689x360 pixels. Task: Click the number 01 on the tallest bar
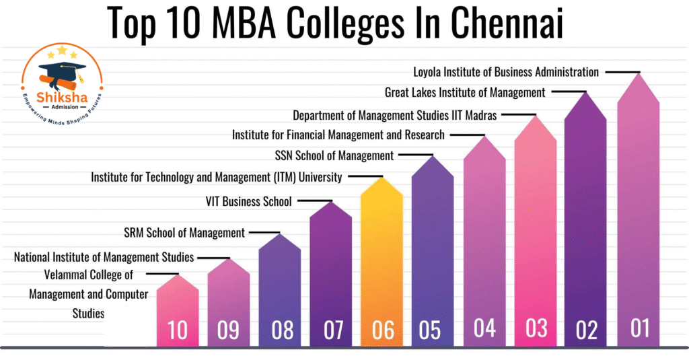(x=639, y=328)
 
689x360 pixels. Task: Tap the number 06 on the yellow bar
(x=382, y=330)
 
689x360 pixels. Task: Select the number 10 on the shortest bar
(x=178, y=330)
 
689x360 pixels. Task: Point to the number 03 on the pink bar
(x=536, y=328)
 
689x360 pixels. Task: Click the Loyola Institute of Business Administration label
(x=506, y=71)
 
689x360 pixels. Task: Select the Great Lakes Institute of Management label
(x=465, y=92)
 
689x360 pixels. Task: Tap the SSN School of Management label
(x=334, y=155)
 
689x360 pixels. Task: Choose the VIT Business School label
(x=248, y=201)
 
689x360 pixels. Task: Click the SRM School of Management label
(x=184, y=233)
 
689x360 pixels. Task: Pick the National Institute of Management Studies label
(x=104, y=257)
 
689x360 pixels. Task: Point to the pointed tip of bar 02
(x=585, y=92)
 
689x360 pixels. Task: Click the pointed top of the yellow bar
(x=382, y=178)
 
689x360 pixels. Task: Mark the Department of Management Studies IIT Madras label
(x=395, y=115)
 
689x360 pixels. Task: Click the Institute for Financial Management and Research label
(x=338, y=135)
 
